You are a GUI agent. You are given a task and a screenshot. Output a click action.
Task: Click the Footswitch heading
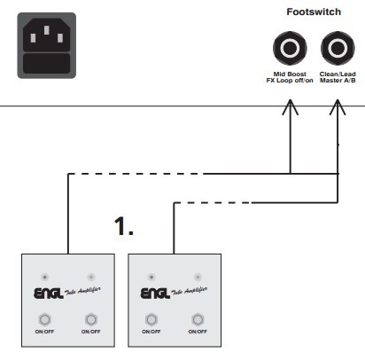[x=314, y=12]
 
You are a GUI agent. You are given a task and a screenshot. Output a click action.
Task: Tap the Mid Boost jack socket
[x=290, y=48]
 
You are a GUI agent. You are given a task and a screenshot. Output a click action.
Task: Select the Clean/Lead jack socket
[x=338, y=48]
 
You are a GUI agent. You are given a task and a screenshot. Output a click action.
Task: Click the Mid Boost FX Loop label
[x=290, y=77]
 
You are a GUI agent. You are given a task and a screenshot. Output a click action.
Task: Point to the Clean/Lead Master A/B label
[x=338, y=77]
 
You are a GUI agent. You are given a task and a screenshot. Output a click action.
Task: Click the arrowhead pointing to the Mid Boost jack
[x=291, y=107]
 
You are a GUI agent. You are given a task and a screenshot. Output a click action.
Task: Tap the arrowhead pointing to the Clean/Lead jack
[x=338, y=107]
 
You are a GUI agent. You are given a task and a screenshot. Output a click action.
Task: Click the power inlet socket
[x=47, y=45]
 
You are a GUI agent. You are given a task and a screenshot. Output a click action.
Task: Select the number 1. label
[x=124, y=226]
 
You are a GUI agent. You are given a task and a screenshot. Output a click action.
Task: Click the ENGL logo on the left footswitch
[x=49, y=293]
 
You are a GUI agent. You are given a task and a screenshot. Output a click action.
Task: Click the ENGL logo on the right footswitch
[x=155, y=293]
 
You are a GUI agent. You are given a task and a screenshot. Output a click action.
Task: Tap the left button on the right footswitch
[x=151, y=319]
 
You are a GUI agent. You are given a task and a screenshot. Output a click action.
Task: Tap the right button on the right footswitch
[x=198, y=319]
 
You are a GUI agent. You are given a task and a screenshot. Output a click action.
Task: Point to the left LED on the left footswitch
[x=44, y=278]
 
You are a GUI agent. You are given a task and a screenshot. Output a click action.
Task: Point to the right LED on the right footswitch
[x=198, y=278]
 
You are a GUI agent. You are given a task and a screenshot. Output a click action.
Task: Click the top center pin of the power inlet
[x=47, y=30]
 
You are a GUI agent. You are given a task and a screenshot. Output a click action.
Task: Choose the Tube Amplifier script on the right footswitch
[x=189, y=291]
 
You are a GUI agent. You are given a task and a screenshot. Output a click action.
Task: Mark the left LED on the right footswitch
[x=151, y=278]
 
